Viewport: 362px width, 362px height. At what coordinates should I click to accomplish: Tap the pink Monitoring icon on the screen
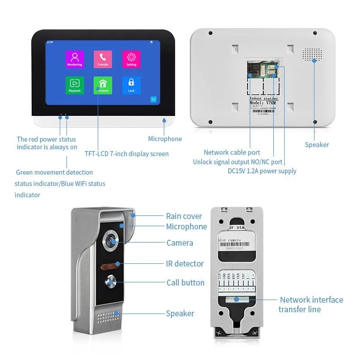coord(75,59)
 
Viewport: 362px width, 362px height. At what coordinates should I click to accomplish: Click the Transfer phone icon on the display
coord(103,59)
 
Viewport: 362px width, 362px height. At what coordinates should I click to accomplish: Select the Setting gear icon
coord(131,59)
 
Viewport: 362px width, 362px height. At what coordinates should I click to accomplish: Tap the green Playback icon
coord(75,85)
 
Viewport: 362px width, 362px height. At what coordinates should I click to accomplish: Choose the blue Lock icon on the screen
coord(131,85)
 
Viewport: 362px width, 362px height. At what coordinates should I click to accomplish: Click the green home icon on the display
coord(103,85)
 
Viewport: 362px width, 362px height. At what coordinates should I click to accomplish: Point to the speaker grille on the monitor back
coord(312,55)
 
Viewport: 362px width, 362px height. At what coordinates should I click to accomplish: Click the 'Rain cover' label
coord(184,216)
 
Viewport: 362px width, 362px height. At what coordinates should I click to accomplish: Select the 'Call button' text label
coord(186,283)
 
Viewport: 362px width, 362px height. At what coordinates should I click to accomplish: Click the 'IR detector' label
coord(185,264)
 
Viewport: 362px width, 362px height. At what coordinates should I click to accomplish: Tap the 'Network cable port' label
coord(232,152)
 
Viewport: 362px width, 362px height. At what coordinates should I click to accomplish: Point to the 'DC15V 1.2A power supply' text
coord(262,171)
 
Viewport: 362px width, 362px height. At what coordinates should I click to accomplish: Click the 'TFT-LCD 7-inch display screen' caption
coord(127,154)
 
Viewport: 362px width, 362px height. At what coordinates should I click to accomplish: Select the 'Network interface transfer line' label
coord(311,305)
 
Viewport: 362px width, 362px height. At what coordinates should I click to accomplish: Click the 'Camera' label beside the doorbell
coord(180,243)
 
